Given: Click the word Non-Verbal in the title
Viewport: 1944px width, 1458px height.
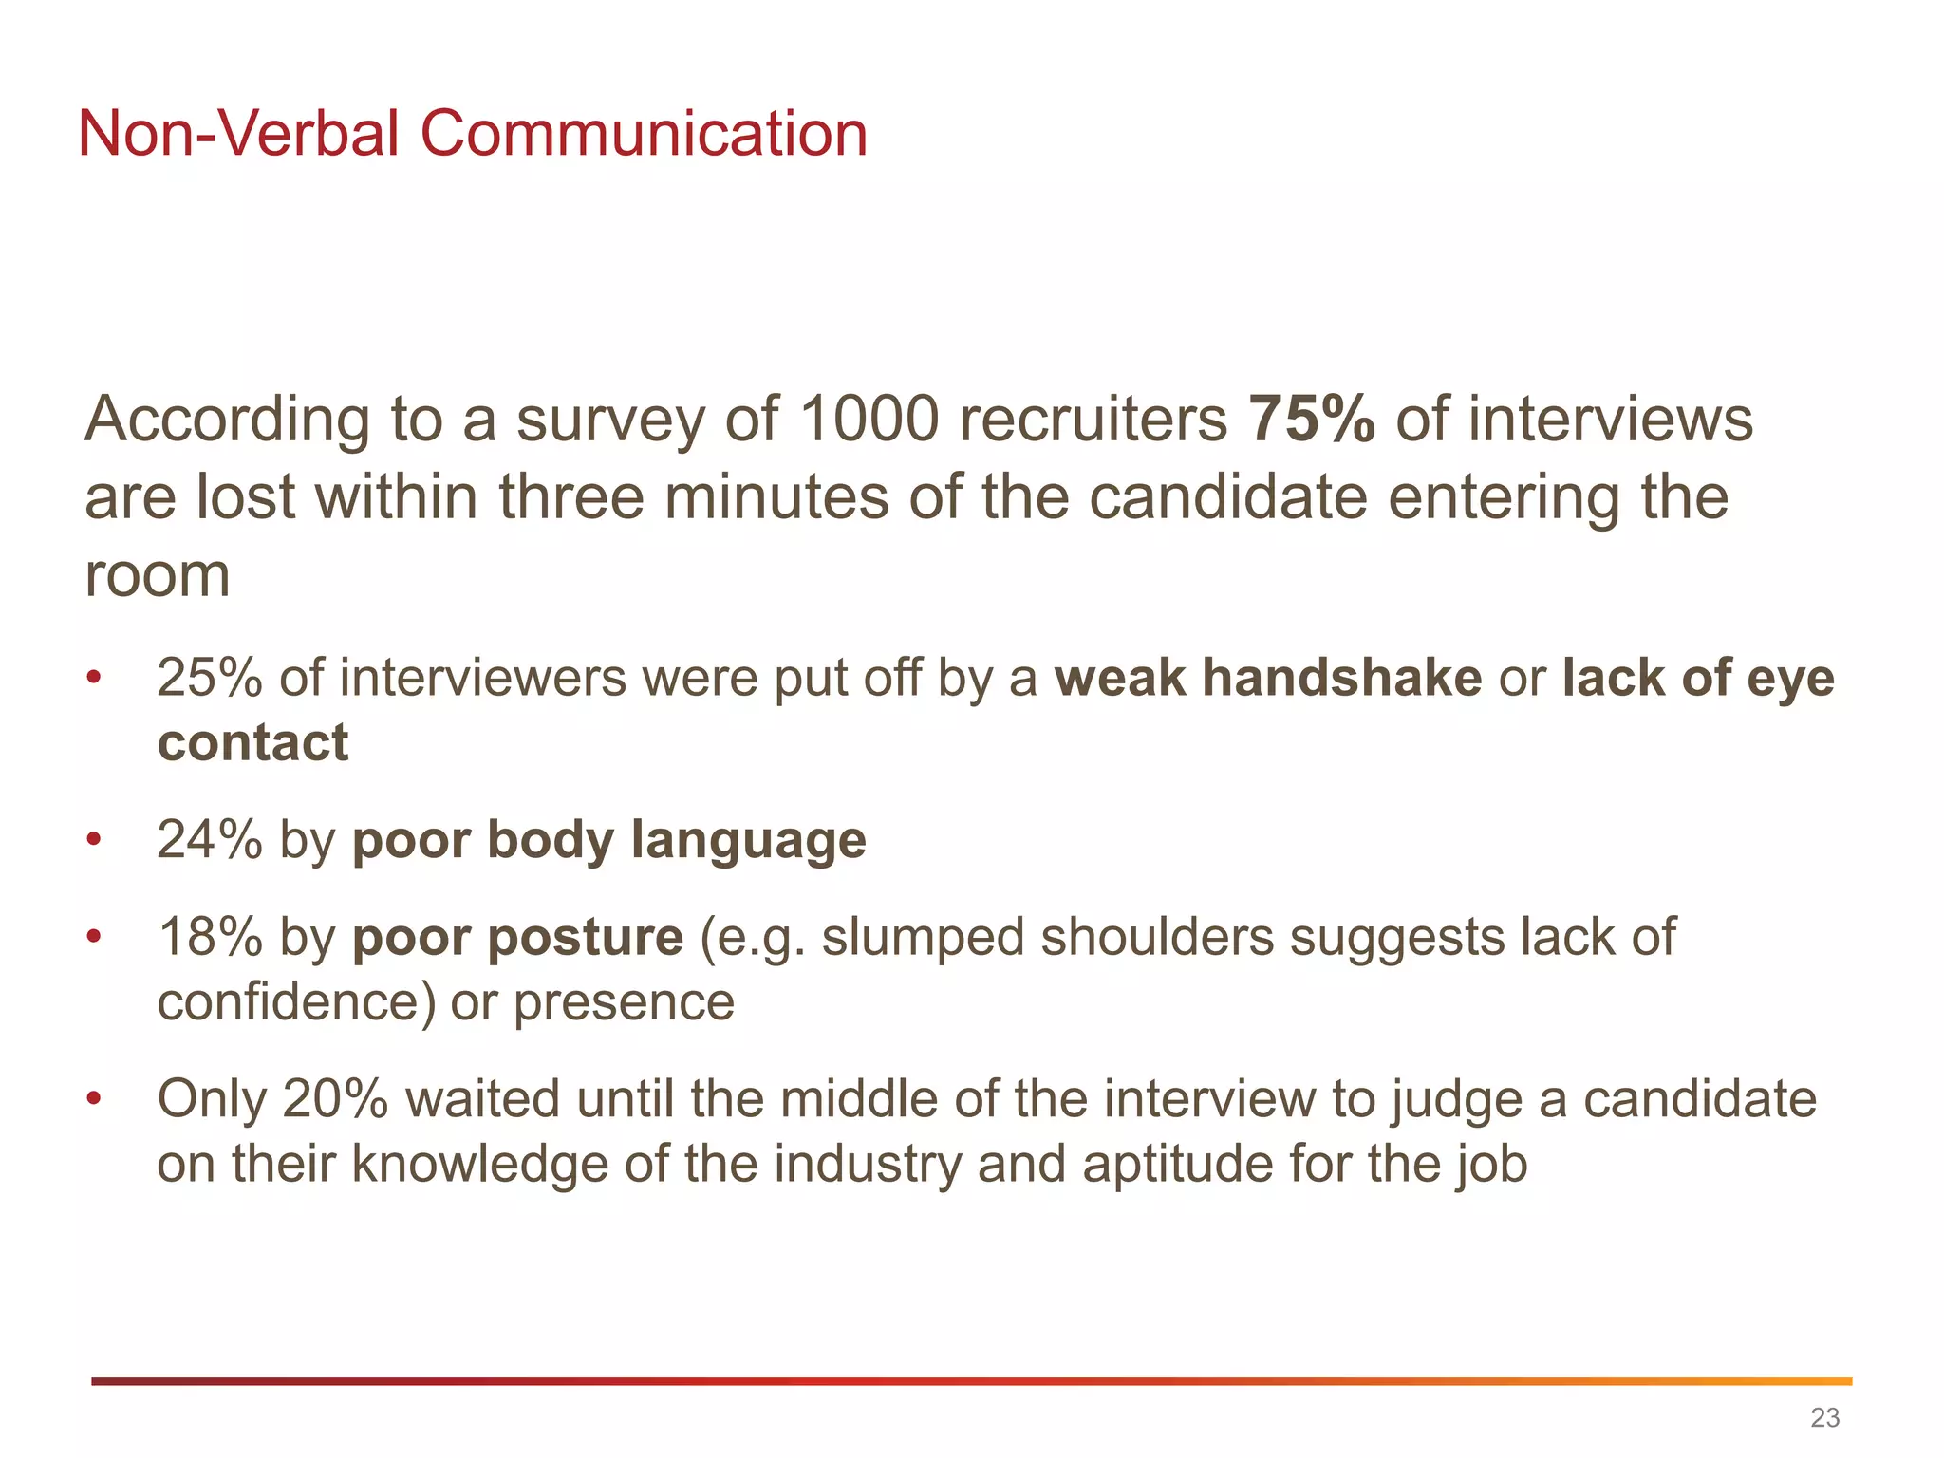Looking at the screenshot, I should coord(238,134).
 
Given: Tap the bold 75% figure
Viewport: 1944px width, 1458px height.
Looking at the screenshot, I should coord(1311,420).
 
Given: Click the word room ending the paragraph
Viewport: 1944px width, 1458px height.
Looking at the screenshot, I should coord(158,575).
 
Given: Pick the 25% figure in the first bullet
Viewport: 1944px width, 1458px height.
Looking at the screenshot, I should coord(210,679).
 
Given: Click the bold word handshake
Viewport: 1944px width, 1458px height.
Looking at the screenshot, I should coord(1342,679).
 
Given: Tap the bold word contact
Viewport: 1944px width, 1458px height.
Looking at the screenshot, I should coord(252,743).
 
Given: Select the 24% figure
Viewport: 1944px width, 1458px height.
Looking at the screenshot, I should coord(210,841).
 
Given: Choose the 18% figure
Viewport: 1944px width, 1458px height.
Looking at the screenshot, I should coord(210,938).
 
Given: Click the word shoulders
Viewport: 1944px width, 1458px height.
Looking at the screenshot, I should coord(1156,938).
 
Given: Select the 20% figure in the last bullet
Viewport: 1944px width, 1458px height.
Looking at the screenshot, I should coord(335,1100).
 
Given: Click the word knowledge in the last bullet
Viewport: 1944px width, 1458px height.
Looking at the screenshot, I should coord(479,1166).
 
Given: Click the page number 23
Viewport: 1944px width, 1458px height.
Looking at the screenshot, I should coord(1824,1417).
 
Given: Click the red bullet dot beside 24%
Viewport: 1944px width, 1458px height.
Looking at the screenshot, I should coord(93,840).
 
